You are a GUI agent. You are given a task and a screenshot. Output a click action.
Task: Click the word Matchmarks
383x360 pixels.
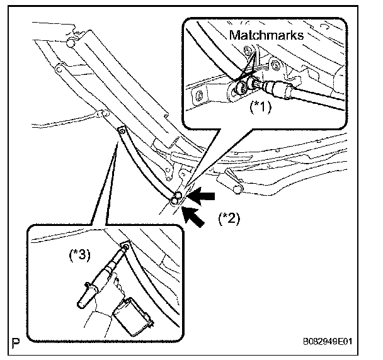pyautogui.click(x=266, y=35)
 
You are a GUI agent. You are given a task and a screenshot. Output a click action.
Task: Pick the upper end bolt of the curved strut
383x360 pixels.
pyautogui.click(x=121, y=130)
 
